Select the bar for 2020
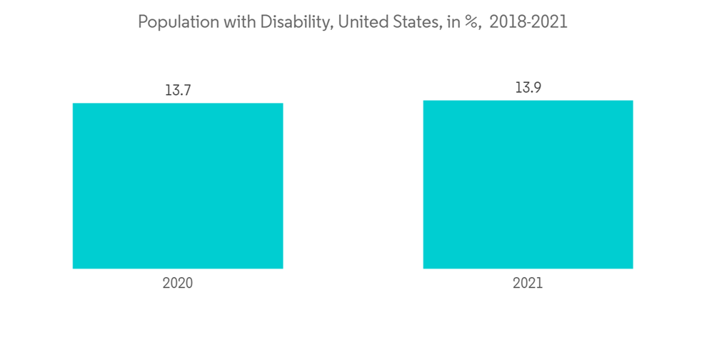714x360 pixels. [x=178, y=186]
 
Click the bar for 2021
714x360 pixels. [x=528, y=184]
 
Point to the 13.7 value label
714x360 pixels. [x=178, y=91]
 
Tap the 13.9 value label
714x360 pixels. [x=528, y=88]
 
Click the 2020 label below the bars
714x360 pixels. [x=178, y=284]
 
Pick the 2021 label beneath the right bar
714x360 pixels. [x=528, y=284]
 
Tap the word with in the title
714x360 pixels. [x=229, y=23]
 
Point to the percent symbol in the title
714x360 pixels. [x=470, y=23]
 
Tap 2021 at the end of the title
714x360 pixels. [x=550, y=23]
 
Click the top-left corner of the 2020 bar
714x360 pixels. [x=74, y=104]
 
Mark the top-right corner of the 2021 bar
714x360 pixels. [x=633, y=101]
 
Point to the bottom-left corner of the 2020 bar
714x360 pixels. [x=74, y=268]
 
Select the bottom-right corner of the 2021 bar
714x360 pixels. [x=633, y=268]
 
